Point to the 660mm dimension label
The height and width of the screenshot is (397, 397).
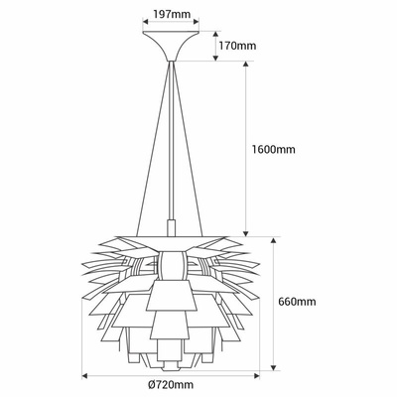[x=298, y=302]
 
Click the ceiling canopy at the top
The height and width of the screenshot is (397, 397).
[x=173, y=46]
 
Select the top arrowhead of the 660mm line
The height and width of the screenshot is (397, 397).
[x=272, y=239]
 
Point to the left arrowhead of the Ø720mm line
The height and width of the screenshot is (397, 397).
[x=85, y=376]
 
